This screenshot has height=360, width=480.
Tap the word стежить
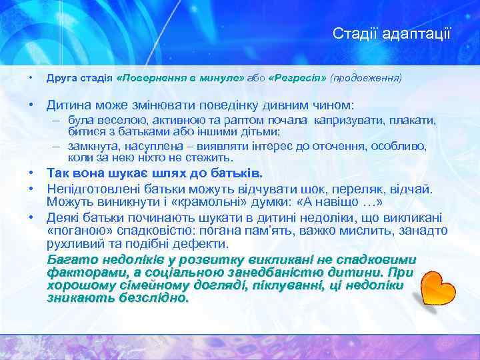[x=210, y=158]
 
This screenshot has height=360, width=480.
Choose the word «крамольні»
[x=165, y=201]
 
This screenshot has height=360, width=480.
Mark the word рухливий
[x=71, y=244]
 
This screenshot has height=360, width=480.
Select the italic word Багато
[x=70, y=260]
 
